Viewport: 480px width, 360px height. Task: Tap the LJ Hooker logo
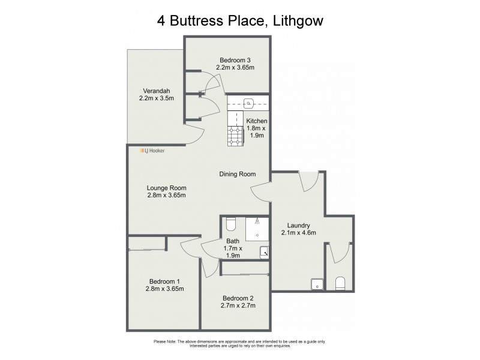(152, 151)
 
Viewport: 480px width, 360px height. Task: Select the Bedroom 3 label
(236, 64)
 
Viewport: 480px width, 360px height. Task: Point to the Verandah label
(156, 94)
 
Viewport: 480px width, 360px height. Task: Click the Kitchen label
(257, 128)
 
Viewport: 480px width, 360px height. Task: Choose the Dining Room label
(238, 174)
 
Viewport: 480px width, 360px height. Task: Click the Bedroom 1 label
(164, 285)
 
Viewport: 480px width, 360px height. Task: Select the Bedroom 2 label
(239, 302)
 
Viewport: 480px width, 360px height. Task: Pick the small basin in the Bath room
(264, 253)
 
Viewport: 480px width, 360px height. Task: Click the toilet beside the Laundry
(340, 283)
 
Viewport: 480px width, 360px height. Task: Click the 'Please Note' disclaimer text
(240, 343)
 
